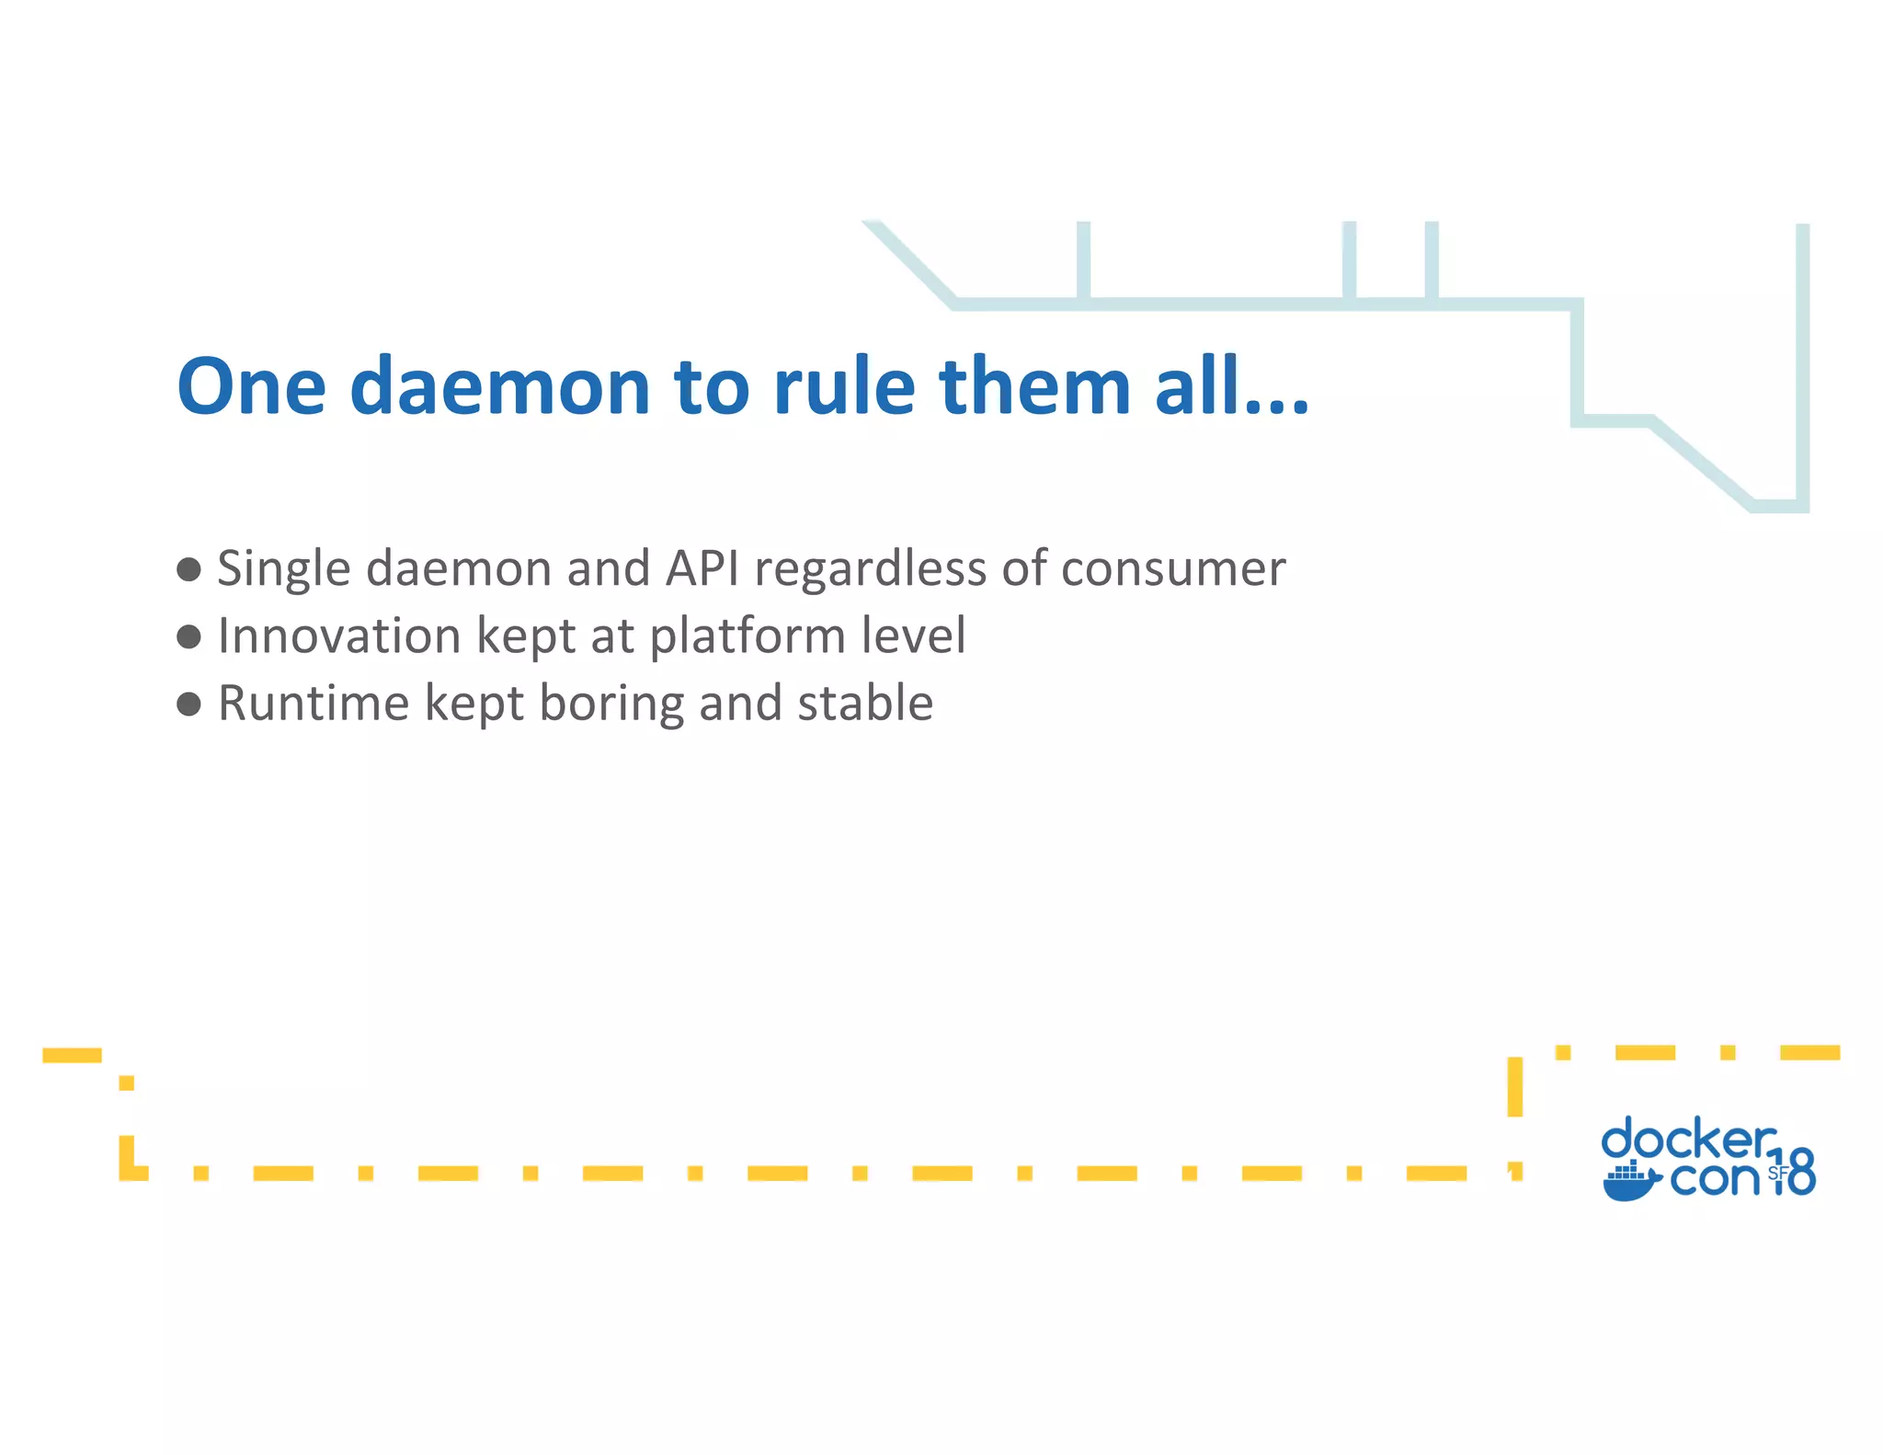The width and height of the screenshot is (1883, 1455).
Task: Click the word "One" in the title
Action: coord(251,386)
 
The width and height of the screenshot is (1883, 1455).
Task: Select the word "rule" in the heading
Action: coord(844,386)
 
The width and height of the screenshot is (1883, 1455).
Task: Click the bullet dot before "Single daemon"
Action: coord(188,569)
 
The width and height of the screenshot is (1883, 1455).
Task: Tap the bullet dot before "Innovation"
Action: coord(188,636)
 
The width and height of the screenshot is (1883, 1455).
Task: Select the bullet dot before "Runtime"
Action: coord(188,705)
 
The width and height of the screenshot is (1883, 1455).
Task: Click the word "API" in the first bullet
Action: coord(702,568)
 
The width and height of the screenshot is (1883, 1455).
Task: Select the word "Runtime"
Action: coord(313,704)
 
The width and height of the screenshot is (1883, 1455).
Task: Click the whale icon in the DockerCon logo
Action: coord(1630,1182)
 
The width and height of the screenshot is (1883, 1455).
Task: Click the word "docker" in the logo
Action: coord(1688,1140)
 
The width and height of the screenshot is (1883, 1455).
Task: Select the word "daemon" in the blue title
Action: coord(499,386)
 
